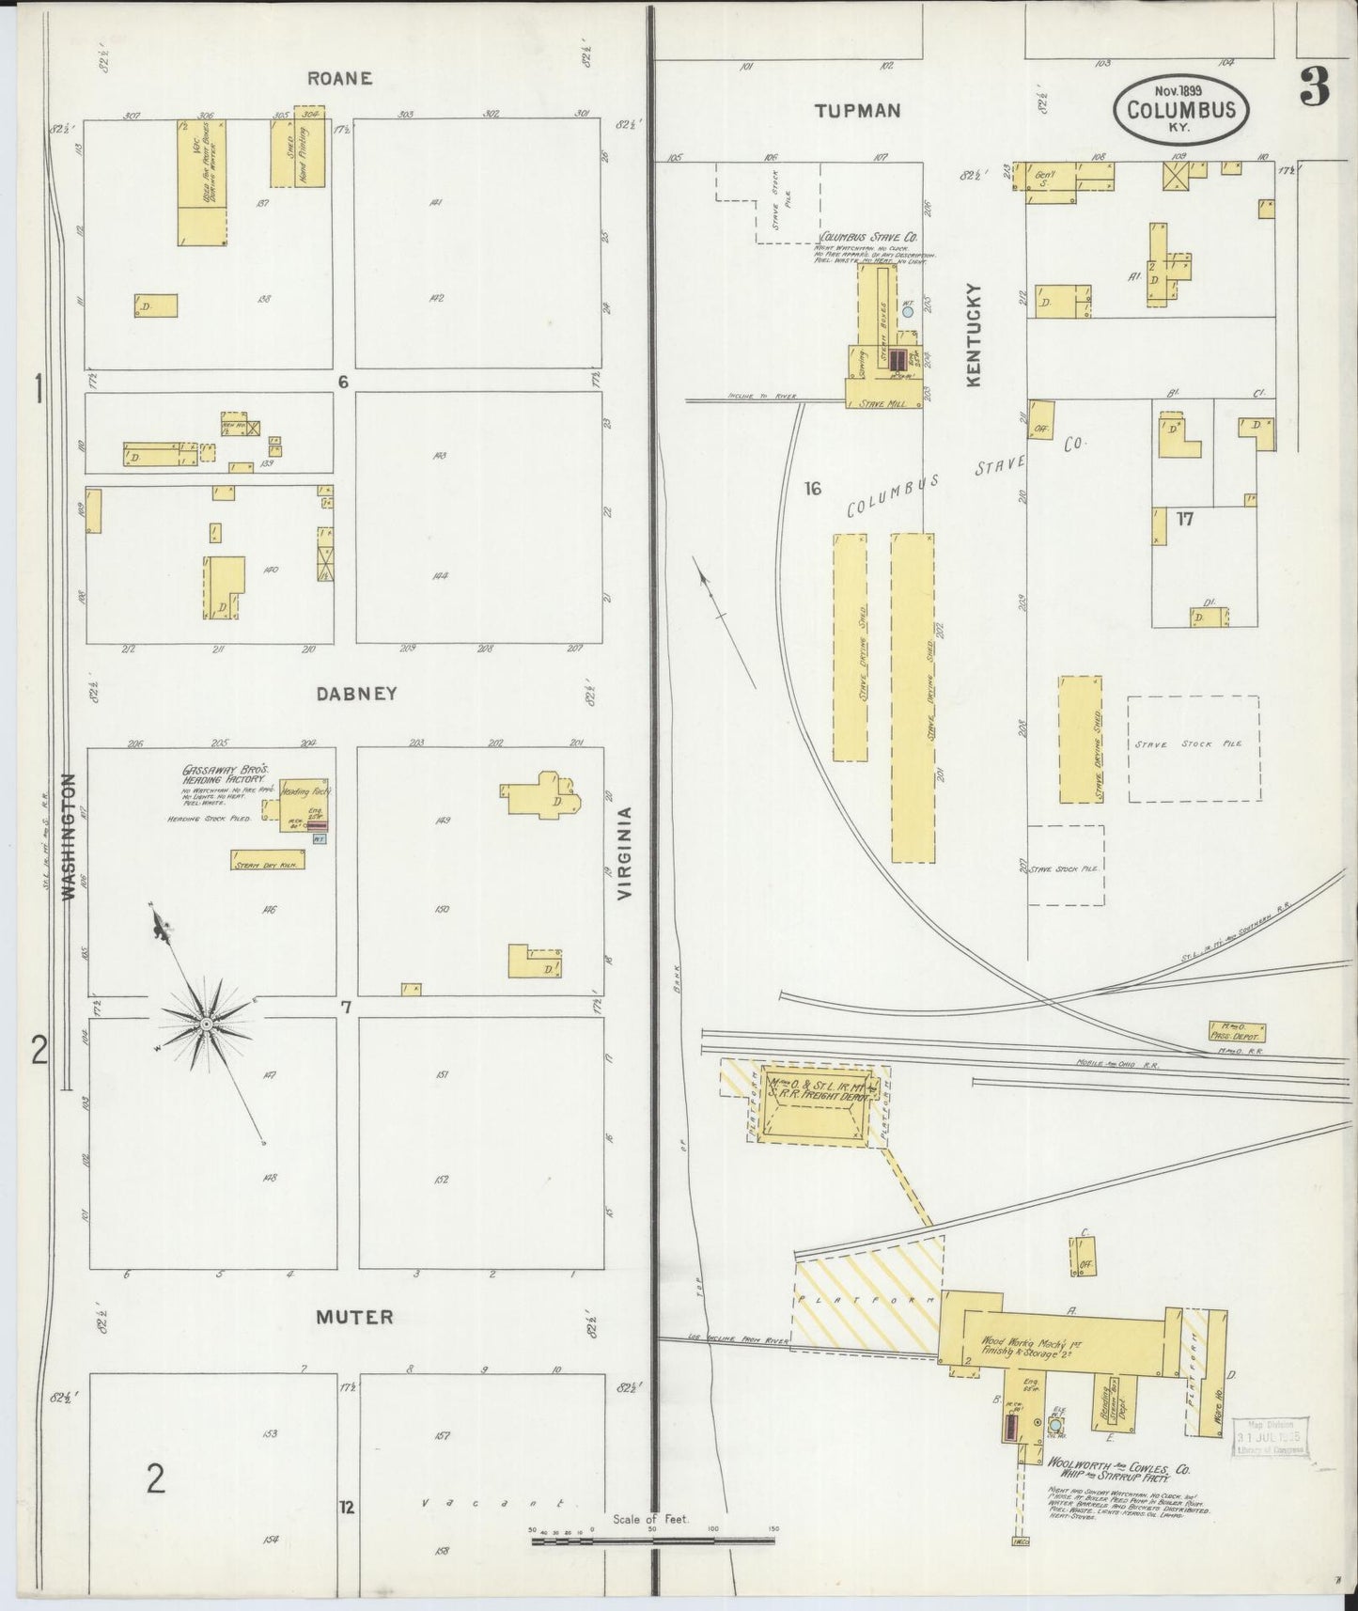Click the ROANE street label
[339, 78]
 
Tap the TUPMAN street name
[857, 111]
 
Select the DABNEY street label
[356, 694]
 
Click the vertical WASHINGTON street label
[68, 837]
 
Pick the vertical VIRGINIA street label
[625, 852]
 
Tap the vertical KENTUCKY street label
[973, 335]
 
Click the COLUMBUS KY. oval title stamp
[1181, 110]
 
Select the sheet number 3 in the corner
[1314, 88]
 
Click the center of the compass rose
[205, 1021]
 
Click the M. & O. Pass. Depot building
[1237, 1031]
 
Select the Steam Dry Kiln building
[268, 859]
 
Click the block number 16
[812, 488]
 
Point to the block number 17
[1184, 518]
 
